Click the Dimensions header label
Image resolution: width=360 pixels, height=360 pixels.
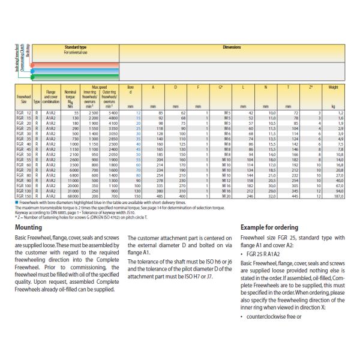pos(232,46)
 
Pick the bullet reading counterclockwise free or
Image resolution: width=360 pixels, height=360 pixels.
pos(269,316)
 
